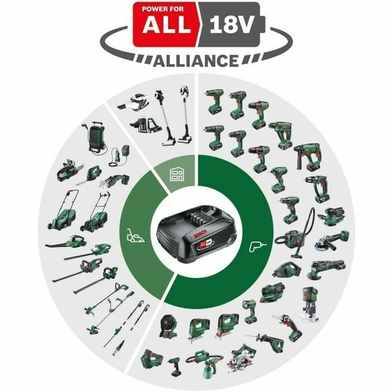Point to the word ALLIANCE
pos(196,61)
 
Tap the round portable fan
pos(170,325)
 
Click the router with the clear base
pos(310,304)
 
